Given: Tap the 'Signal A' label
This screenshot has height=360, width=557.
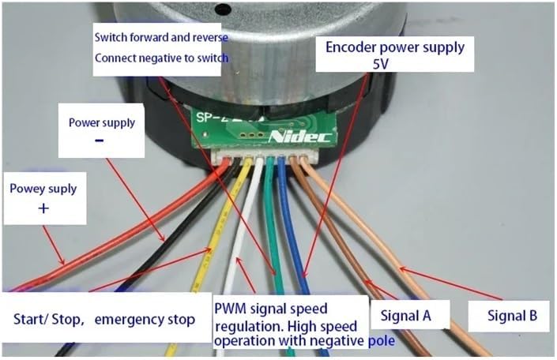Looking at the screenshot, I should (x=405, y=317).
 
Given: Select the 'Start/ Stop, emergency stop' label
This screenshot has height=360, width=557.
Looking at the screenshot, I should (x=103, y=320).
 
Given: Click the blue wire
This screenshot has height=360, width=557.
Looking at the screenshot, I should (x=297, y=237).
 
